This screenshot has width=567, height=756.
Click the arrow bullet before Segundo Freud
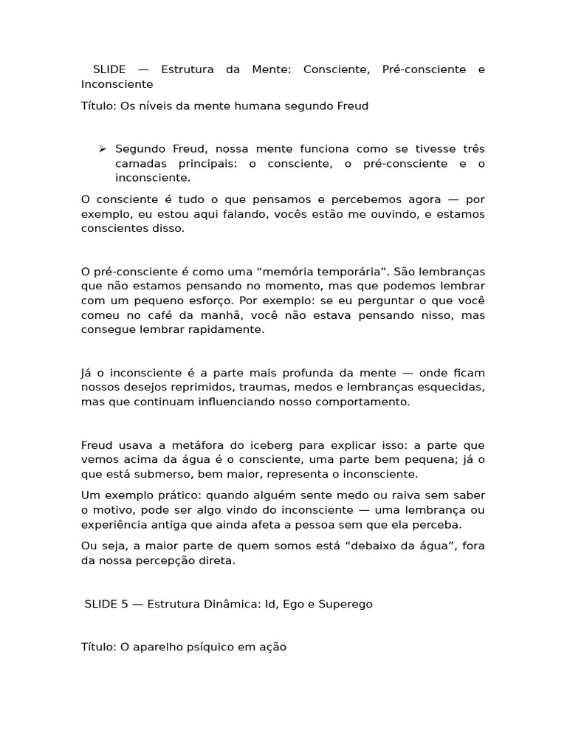coord(103,149)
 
